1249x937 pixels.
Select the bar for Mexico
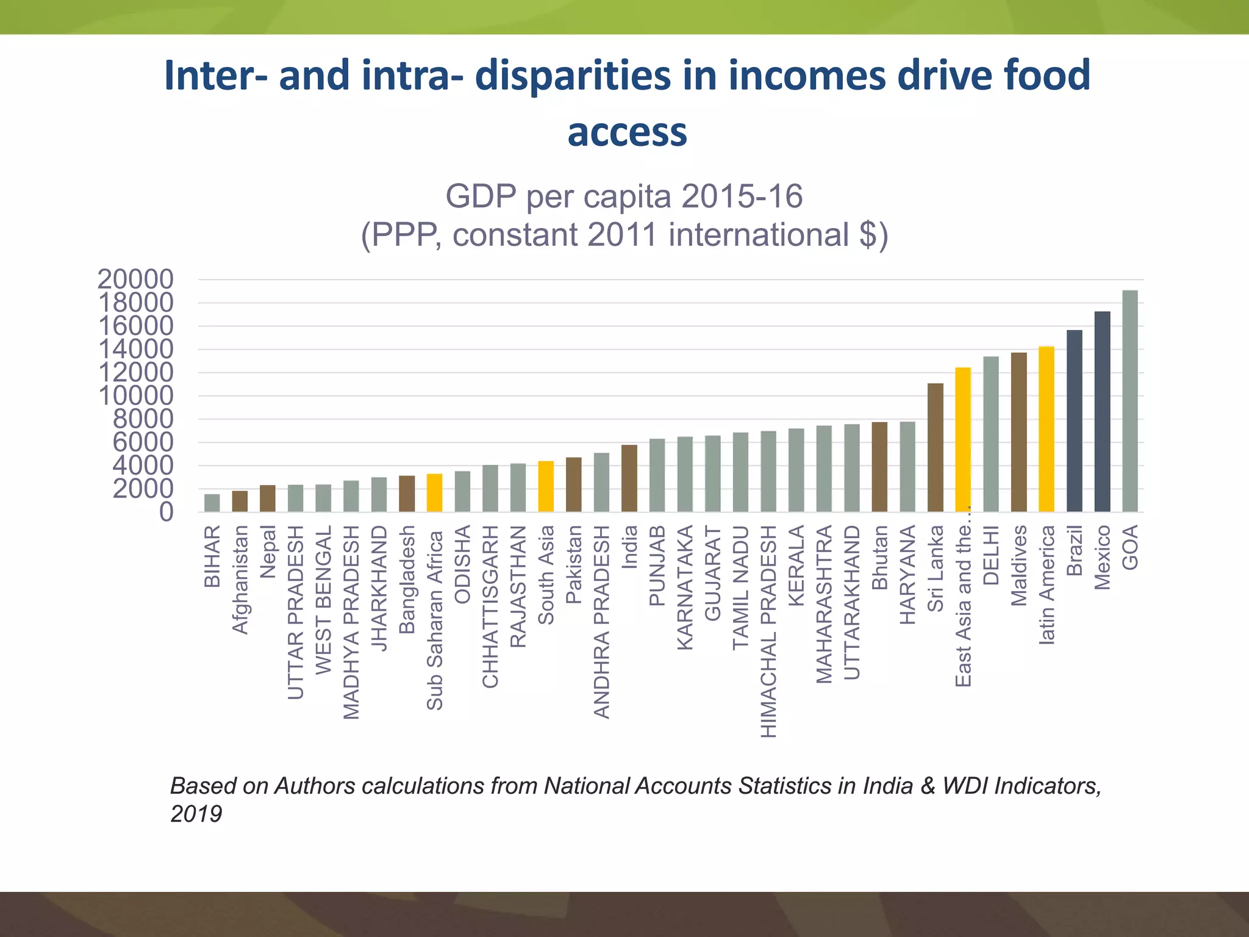coord(1102,412)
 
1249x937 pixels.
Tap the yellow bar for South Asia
coord(546,486)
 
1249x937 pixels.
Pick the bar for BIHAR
coord(212,503)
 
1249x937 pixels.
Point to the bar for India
coord(629,478)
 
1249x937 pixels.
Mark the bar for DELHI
coord(991,434)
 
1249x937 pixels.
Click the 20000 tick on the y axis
coord(135,279)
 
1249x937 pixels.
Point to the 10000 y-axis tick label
coord(135,396)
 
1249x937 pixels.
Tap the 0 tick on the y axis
coord(166,512)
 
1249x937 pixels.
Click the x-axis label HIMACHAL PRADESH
coord(769,631)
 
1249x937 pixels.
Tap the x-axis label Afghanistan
coord(240,580)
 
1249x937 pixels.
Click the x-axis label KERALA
coord(796,565)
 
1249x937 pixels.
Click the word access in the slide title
coord(627,132)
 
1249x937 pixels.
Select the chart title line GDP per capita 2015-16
coord(624,196)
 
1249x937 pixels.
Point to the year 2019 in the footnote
coord(196,814)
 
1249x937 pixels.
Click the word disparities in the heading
coord(573,75)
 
